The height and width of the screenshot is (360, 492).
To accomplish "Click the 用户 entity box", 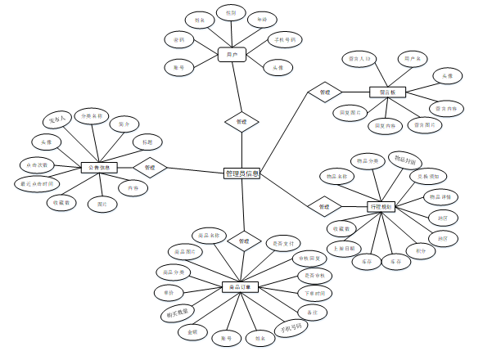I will (x=232, y=56).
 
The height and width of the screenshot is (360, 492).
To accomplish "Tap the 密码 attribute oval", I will (x=178, y=39).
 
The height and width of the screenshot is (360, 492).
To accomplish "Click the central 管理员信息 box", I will (x=241, y=173).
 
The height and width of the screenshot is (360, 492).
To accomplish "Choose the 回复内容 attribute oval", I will (x=383, y=126).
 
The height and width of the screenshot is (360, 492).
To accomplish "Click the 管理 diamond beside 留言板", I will (x=324, y=92).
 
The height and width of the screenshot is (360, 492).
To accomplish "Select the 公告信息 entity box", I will (x=102, y=168).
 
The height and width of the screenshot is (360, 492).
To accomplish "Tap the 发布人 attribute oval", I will (x=57, y=121).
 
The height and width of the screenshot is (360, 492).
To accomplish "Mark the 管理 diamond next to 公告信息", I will (x=149, y=168).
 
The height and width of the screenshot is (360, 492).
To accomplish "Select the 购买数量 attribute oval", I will (x=172, y=311).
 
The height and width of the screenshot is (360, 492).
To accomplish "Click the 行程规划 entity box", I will (x=381, y=207).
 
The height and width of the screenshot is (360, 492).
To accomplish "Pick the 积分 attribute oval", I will (x=420, y=250).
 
